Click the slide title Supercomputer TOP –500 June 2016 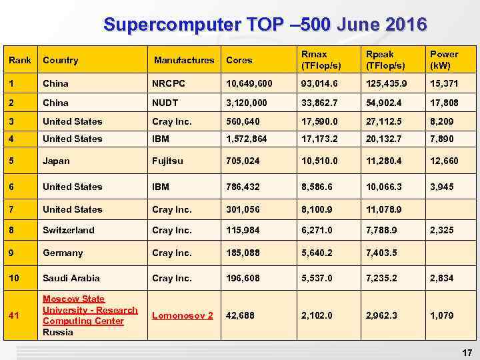[x=265, y=25]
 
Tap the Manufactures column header [x=184, y=60]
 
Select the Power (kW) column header [x=444, y=59]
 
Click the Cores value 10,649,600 [x=248, y=84]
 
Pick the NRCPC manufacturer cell [x=168, y=84]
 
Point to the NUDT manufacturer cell [x=165, y=103]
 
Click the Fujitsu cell [x=167, y=161]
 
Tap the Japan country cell [x=56, y=161]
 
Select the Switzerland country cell [x=69, y=230]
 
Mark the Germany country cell [x=63, y=253]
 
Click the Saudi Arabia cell [x=71, y=278]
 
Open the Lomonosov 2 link [x=183, y=315]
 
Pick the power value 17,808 [x=445, y=103]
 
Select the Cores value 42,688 [x=241, y=315]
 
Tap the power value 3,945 [x=442, y=187]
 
